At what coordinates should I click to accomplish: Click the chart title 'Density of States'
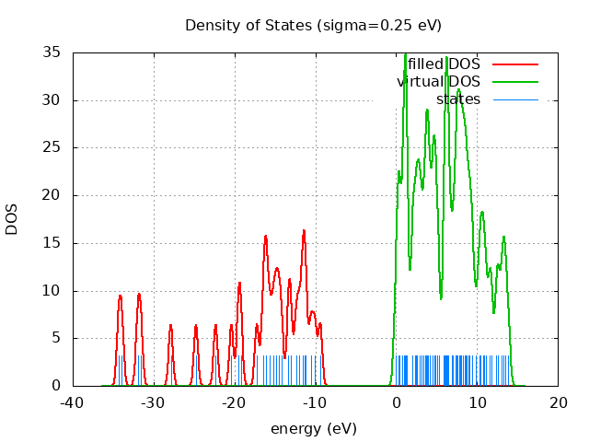point(313,25)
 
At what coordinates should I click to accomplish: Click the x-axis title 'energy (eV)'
point(313,429)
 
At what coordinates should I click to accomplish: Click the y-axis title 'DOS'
point(12,219)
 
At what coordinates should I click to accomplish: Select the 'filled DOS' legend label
point(445,64)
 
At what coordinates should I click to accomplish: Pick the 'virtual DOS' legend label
point(440,81)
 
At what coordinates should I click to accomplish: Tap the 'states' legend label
point(458,99)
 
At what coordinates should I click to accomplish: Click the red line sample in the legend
point(514,64)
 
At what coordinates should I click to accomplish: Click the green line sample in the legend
point(514,82)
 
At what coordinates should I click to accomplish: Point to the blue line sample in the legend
point(514,99)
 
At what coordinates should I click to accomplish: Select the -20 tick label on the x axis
point(234,402)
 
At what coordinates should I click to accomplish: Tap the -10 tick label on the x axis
point(315,402)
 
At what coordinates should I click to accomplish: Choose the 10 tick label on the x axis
point(477,402)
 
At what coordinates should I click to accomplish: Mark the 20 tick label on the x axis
point(558,402)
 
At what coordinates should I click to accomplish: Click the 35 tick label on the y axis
point(52,52)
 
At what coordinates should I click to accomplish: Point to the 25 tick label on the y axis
point(52,147)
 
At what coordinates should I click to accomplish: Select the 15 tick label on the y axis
point(52,243)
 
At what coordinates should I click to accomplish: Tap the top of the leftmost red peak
point(120,295)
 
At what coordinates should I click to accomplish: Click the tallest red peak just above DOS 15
point(304,230)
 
